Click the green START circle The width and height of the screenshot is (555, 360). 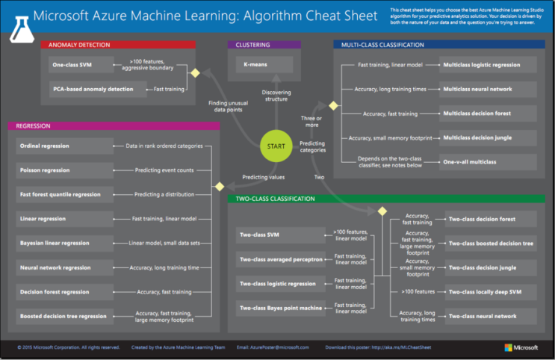coord(275,146)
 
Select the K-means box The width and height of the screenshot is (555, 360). coord(264,64)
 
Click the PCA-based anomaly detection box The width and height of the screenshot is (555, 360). coord(81,89)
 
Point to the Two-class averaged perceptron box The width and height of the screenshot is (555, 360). coord(282,260)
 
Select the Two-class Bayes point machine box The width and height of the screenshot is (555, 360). coord(282,308)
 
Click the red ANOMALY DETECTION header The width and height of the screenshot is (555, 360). coord(118,45)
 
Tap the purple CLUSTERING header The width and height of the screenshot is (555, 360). coord(264,45)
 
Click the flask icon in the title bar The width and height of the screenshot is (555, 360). coord(20,25)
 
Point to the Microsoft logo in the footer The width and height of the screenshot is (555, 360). coord(521,347)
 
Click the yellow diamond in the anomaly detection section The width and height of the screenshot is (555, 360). coord(196,73)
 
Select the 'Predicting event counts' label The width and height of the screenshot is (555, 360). coord(164,170)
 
